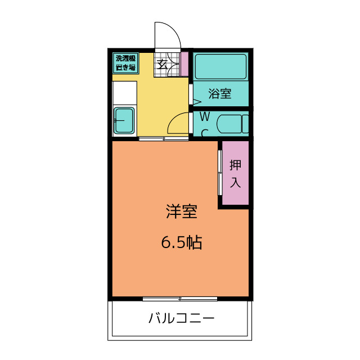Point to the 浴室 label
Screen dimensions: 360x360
[220, 94]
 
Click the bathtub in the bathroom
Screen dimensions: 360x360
[221, 66]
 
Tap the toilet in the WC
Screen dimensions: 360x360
[232, 124]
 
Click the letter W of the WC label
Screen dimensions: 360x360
[205, 116]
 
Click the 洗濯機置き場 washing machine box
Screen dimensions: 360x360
[125, 63]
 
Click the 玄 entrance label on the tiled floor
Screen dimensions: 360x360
[161, 64]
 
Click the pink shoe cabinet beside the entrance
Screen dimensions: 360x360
[184, 64]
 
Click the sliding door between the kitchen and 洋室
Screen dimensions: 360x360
[164, 138]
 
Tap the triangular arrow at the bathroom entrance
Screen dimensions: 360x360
[197, 102]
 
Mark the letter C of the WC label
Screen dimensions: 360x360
[205, 133]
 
